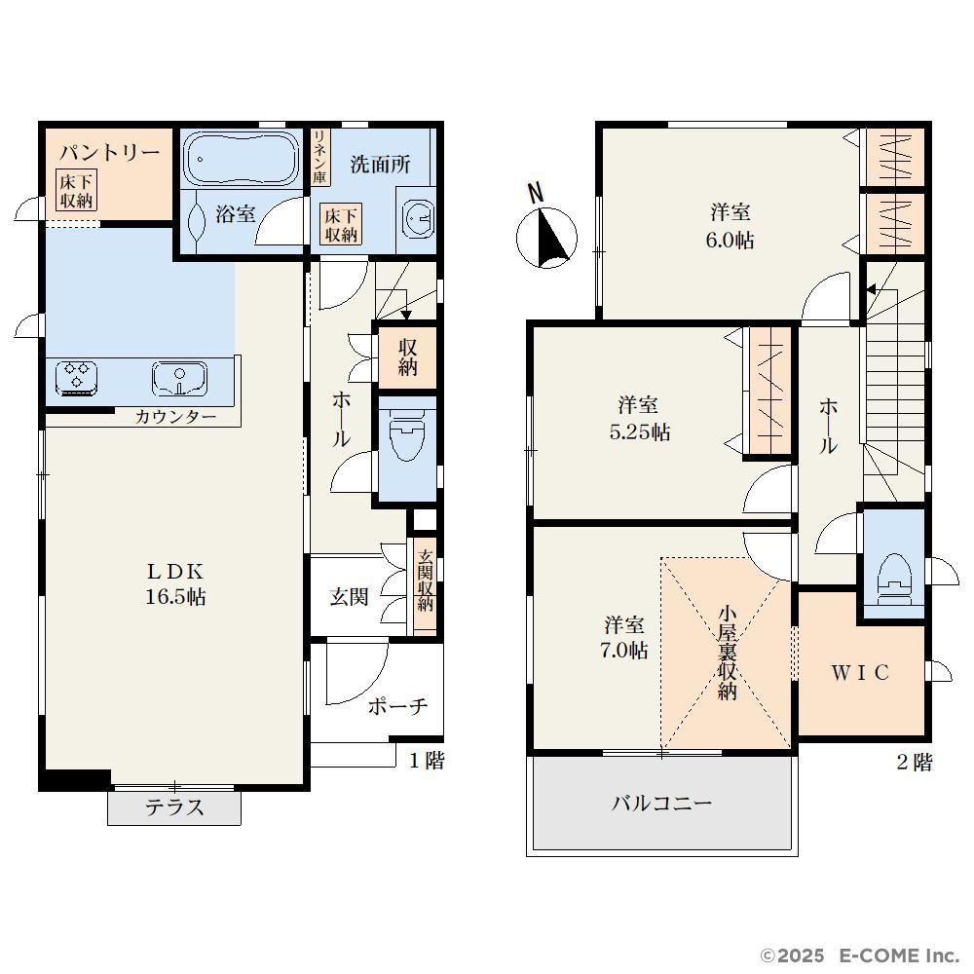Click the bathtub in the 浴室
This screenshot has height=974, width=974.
pos(242,158)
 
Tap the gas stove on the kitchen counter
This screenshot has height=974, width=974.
pos(76,378)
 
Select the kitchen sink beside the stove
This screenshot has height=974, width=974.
pos(179,378)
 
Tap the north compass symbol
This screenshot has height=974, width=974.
pos(546,229)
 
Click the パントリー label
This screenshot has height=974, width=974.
pos(109,152)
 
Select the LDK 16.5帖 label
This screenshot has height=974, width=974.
pos(175,583)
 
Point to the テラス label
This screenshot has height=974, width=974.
pos(174,806)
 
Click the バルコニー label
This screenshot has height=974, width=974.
pos(662,804)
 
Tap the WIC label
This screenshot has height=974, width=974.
pos(860,672)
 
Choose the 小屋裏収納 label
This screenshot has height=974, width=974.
pos(728,653)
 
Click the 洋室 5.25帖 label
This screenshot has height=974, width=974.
pos(639,418)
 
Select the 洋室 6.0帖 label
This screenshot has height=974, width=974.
pos(730,226)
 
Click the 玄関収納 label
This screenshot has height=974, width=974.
pos(425,581)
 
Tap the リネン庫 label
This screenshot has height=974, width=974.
pos(319,157)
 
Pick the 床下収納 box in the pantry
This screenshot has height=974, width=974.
pos(76,191)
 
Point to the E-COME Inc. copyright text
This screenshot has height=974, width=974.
pos(860,955)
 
